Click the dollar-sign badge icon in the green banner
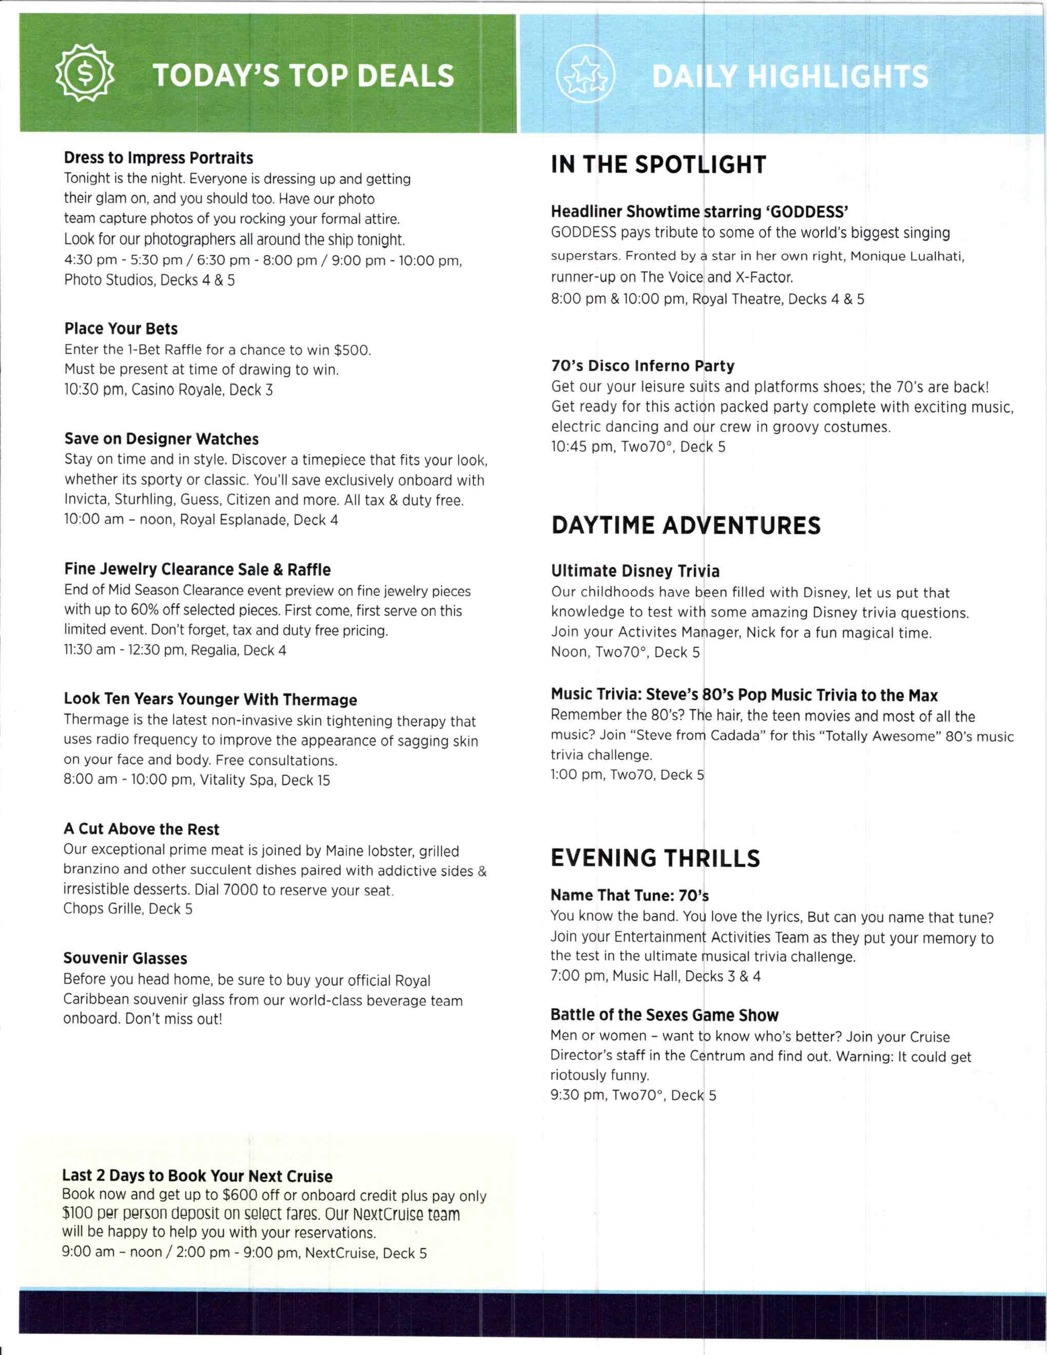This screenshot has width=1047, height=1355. pos(86,74)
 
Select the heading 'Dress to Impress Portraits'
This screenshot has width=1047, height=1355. pos(158,158)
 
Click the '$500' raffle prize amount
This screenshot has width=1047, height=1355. pos(352,350)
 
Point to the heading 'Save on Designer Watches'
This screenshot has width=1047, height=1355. pos(161,439)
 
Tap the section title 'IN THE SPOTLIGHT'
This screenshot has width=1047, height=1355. pos(658,164)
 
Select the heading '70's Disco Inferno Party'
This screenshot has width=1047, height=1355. pos(642,365)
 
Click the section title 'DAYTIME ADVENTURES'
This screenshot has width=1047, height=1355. pos(685,525)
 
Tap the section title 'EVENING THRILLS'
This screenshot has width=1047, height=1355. pos(655,858)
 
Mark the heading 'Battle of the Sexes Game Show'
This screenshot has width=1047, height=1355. pos(664,1015)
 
